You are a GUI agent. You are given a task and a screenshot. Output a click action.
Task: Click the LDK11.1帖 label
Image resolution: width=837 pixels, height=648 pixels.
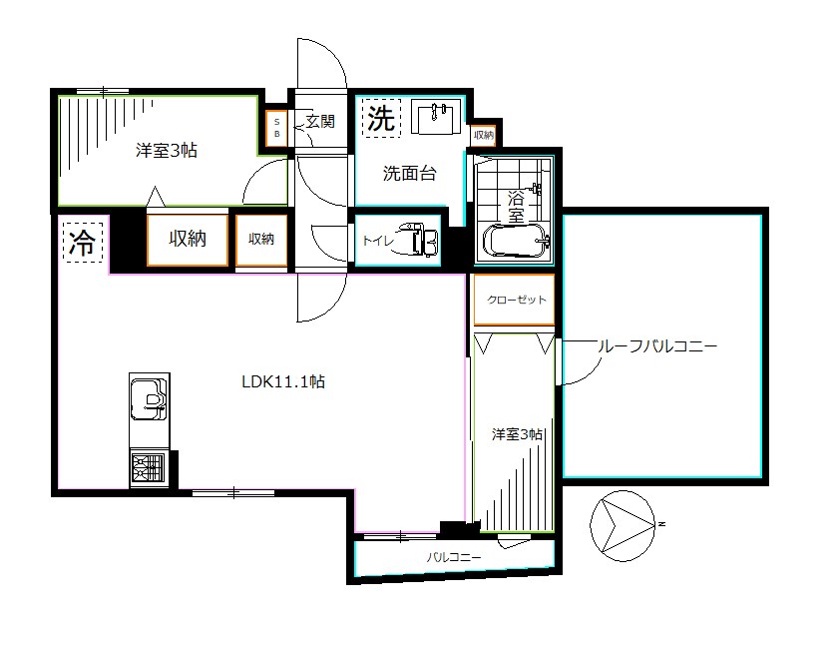tap(282, 380)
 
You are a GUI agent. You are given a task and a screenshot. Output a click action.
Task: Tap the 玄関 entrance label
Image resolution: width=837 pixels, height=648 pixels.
tap(319, 122)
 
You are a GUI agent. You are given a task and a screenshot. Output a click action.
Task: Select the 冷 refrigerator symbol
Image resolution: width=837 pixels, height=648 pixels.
tap(82, 242)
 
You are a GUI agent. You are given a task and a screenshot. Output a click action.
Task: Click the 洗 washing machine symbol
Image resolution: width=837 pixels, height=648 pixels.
tap(380, 119)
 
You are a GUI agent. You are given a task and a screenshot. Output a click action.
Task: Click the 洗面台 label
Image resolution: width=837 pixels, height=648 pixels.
tap(410, 173)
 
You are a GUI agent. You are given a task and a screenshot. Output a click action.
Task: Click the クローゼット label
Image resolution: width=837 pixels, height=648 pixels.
tap(516, 300)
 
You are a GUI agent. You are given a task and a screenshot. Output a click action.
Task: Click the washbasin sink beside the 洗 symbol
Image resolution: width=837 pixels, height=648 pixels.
tap(433, 117)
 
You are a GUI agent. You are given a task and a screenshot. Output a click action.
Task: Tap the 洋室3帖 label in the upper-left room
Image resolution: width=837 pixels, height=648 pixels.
tap(166, 151)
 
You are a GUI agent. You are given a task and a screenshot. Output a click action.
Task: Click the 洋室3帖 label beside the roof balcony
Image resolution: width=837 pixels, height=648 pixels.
tap(517, 434)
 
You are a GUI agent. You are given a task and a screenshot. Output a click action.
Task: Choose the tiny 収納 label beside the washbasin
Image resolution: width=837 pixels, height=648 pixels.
tap(483, 134)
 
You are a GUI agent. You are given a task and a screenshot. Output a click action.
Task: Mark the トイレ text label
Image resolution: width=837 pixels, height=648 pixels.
tap(376, 241)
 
